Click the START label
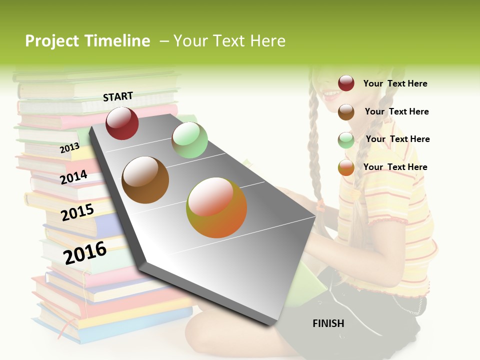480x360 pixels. click(118, 96)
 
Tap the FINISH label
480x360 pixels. click(328, 323)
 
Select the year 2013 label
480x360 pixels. click(69, 147)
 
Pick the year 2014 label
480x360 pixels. click(74, 177)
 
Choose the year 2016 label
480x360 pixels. click(85, 252)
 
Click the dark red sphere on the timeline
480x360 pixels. click(122, 123)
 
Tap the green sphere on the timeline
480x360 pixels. click(189, 140)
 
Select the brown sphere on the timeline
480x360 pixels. click(145, 180)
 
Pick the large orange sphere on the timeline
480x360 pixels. click(216, 207)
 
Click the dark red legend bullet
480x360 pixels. click(346, 83)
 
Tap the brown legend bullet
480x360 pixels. click(346, 111)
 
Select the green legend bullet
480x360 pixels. click(346, 139)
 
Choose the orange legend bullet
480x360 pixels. click(346, 167)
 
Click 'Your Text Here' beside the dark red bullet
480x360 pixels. click(395, 83)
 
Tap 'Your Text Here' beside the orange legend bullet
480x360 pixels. click(395, 167)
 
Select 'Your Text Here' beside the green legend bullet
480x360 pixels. click(397, 139)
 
